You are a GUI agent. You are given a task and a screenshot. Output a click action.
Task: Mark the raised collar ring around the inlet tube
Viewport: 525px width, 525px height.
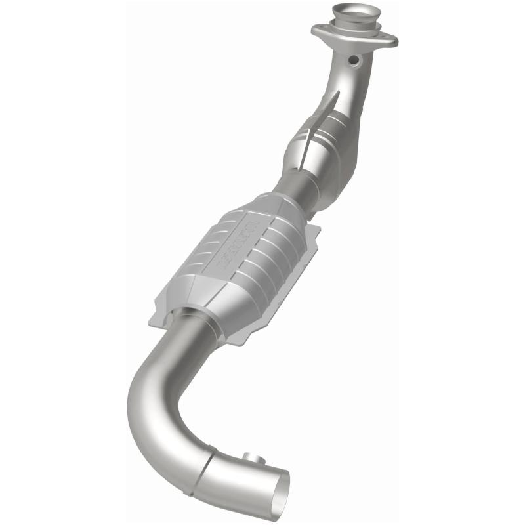click(x=354, y=25)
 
